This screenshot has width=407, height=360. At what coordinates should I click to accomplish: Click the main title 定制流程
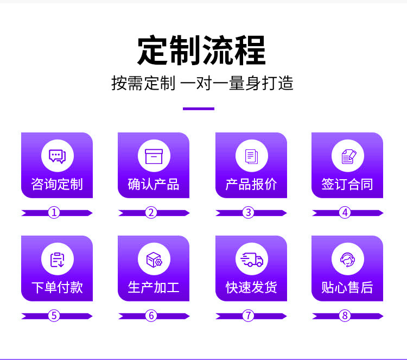201,50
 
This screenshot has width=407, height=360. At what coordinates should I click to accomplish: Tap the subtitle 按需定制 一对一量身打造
202,83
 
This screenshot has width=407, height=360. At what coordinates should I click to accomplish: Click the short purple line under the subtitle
199,109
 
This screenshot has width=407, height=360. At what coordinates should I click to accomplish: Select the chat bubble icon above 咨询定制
57,156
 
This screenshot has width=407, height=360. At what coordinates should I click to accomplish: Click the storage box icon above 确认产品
154,156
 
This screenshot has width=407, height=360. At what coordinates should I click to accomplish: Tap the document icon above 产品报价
251,156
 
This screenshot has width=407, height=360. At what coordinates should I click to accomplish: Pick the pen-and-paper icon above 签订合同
347,156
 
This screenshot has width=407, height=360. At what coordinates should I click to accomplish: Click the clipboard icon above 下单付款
57,260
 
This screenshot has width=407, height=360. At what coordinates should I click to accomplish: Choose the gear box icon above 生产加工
154,260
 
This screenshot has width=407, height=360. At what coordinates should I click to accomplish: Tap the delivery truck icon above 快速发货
251,260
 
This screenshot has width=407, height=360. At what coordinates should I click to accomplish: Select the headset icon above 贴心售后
347,260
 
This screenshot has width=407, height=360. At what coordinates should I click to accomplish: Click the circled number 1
54,213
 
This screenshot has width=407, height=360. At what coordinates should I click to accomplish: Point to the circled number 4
345,213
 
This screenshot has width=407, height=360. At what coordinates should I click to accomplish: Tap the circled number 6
151,315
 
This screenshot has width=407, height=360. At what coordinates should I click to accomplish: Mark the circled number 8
345,315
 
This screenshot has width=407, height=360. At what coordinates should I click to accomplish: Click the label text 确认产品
154,184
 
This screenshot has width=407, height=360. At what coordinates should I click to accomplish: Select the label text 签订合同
347,184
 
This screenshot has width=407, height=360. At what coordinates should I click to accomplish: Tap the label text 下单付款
57,287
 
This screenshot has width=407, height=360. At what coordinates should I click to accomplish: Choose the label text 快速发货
251,287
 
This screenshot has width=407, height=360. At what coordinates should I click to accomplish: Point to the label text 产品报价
251,184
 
